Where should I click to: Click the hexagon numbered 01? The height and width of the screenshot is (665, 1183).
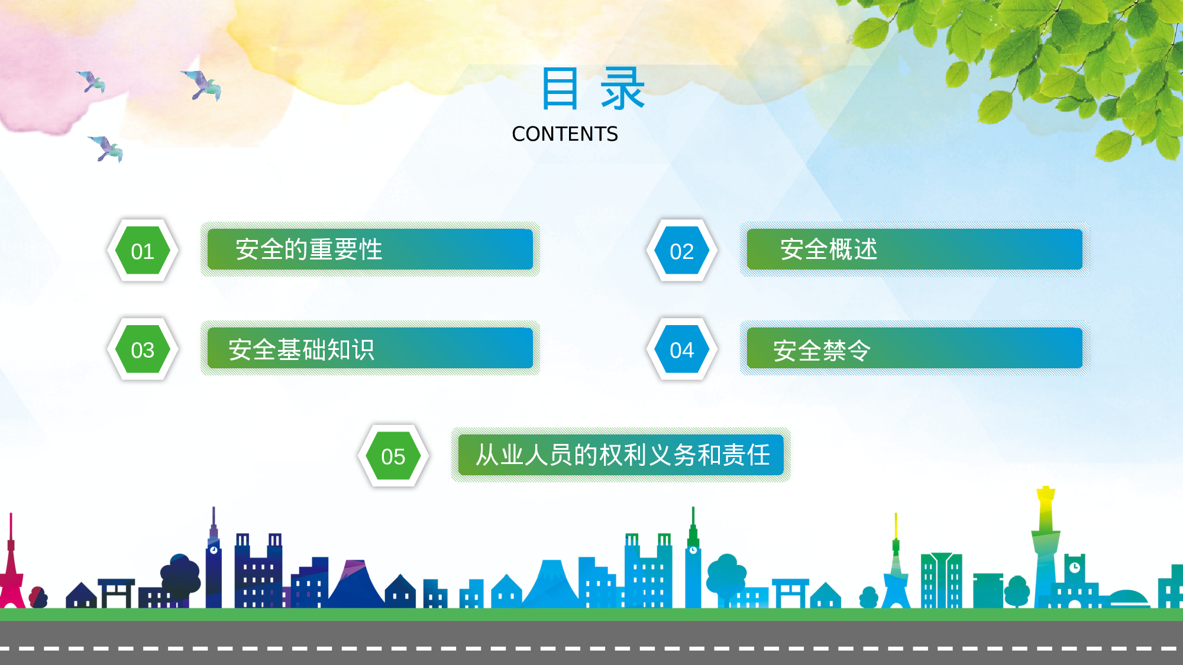click(143, 251)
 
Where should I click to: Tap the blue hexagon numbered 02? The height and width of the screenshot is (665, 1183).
click(682, 251)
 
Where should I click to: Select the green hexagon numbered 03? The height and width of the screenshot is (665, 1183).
click(143, 349)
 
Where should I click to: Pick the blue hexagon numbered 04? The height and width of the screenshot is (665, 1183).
click(682, 349)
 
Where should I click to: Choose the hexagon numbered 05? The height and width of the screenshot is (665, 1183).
click(393, 456)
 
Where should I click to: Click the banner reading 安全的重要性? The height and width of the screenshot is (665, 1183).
click(370, 249)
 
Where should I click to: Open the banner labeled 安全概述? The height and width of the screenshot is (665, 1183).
click(914, 249)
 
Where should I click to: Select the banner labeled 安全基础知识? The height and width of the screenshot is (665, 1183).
click(370, 348)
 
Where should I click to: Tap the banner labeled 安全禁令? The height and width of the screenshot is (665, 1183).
click(914, 348)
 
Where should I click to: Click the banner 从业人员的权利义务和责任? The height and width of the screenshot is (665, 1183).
click(621, 455)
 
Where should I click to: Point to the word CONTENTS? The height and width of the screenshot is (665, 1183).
click(565, 134)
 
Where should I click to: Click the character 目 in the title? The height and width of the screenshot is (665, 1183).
click(560, 89)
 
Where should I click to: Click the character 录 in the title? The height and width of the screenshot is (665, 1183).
click(622, 89)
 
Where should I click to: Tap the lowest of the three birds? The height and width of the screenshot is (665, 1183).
click(106, 148)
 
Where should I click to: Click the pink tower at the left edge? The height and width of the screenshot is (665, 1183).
click(11, 567)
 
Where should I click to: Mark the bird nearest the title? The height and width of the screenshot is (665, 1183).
click(202, 85)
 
